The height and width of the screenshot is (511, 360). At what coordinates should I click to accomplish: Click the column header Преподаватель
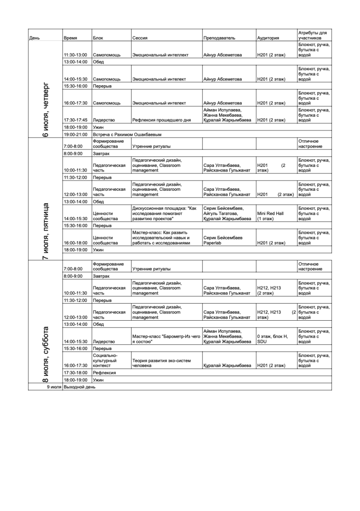click(x=219, y=38)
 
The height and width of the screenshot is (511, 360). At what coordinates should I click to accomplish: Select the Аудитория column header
click(x=268, y=38)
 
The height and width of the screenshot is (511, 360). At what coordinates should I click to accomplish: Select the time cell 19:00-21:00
click(x=76, y=134)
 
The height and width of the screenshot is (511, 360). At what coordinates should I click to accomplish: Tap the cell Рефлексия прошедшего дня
click(x=161, y=120)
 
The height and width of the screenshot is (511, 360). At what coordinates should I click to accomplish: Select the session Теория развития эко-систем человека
click(x=162, y=363)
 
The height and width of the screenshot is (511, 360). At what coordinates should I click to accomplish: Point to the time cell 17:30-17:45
click(x=75, y=120)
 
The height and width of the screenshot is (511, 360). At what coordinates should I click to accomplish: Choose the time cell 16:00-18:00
click(x=75, y=243)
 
